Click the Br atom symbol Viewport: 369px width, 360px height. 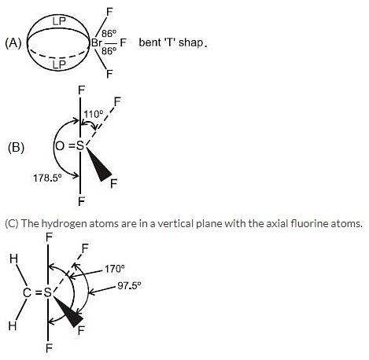point(96,42)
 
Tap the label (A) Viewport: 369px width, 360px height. point(13,43)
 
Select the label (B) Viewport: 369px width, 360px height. point(16,147)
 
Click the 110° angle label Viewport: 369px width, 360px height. point(94,114)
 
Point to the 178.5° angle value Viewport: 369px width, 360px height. point(47,178)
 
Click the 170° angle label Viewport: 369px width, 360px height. point(114,269)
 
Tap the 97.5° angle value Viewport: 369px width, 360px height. point(129,285)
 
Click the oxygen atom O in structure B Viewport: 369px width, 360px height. point(60,145)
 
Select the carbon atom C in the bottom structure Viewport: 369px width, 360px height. point(28,292)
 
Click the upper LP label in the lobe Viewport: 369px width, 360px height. point(59,21)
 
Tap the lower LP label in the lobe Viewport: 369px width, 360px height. point(59,64)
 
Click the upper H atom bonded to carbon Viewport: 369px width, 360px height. point(13,259)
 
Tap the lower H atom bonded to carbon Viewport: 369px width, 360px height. point(13,326)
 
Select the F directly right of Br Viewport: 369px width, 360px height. point(123,42)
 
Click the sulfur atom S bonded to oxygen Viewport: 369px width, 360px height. point(80,145)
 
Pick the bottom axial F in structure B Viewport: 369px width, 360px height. point(81,202)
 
